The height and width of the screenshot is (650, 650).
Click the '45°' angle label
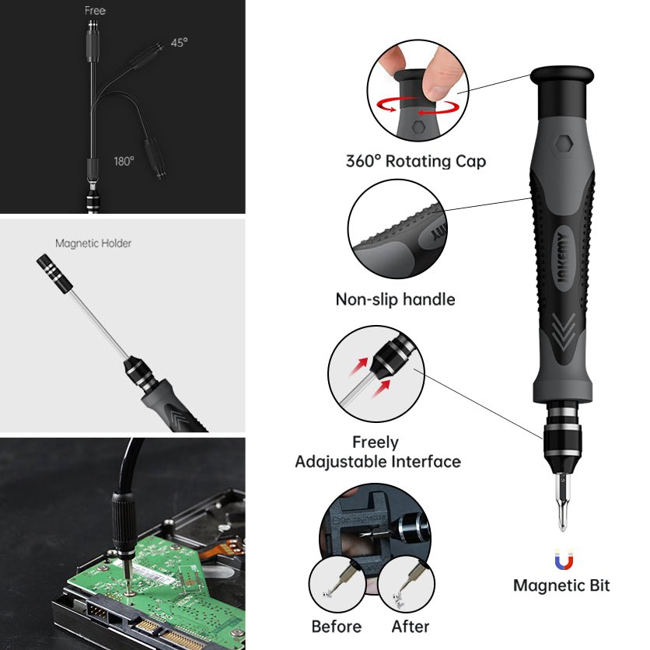click(179, 43)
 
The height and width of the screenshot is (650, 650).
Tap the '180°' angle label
click(124, 161)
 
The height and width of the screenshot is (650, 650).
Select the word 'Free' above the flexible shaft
click(95, 10)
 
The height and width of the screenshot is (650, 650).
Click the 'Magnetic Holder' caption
click(93, 243)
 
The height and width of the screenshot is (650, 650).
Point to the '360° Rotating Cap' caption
click(416, 161)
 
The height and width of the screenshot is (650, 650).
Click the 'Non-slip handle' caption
click(396, 299)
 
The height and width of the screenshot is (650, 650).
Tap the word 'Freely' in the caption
click(376, 442)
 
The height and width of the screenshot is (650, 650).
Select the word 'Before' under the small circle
click(337, 627)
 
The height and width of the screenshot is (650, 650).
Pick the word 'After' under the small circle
click(411, 627)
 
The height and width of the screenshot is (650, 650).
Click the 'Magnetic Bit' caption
click(561, 585)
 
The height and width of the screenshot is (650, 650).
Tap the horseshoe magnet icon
click(564, 559)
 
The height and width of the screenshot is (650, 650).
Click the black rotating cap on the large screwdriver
click(562, 91)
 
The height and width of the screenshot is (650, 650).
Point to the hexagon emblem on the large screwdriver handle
click(564, 144)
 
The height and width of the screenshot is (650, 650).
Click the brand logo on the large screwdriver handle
click(564, 258)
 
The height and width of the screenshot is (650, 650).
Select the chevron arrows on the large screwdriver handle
click(564, 333)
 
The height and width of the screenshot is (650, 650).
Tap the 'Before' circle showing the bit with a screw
click(337, 584)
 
